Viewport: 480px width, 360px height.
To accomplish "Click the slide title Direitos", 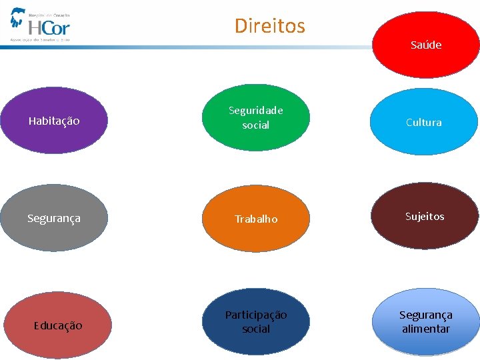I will pyautogui.click(x=269, y=26).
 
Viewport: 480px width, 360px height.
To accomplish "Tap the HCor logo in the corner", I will pyautogui.click(x=40, y=25).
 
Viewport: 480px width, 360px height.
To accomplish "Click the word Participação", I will pyautogui.click(x=256, y=315).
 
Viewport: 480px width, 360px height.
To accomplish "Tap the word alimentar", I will pyautogui.click(x=425, y=329).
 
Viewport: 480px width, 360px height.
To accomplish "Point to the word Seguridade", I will pyautogui.click(x=256, y=111).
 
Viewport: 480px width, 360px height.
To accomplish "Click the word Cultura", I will pyautogui.click(x=424, y=123).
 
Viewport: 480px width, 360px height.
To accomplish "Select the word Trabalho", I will pyautogui.click(x=256, y=219).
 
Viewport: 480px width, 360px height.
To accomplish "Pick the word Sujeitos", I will pyautogui.click(x=425, y=216).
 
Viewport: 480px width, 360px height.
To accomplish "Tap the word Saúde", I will pyautogui.click(x=426, y=45).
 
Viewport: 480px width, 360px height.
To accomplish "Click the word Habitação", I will pyautogui.click(x=55, y=121).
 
